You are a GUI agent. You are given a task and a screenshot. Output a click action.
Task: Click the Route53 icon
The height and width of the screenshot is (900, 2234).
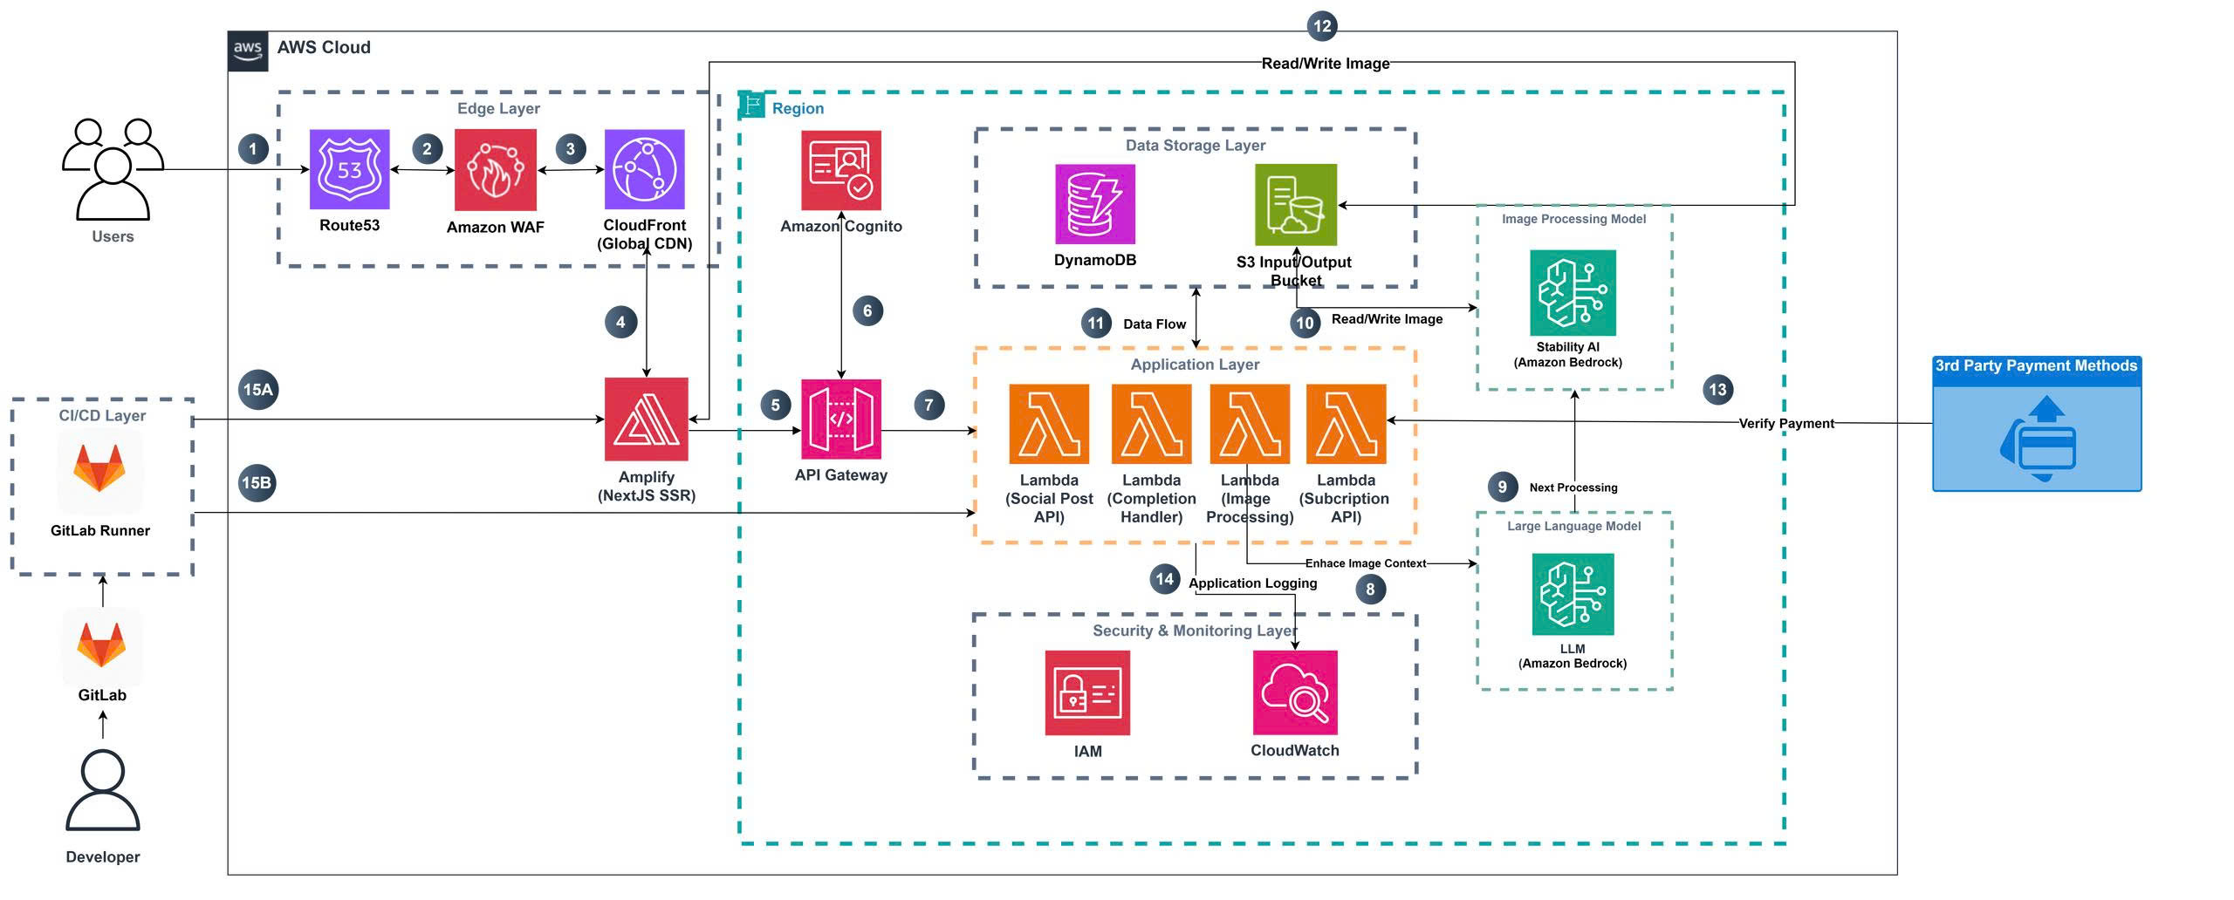click(x=349, y=169)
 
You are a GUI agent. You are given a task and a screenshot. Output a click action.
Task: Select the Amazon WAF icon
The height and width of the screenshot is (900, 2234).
click(x=495, y=170)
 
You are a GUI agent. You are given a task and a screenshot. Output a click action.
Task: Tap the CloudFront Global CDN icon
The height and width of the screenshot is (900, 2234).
click(x=644, y=169)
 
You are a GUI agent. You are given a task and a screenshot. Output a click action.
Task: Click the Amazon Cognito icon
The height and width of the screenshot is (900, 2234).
click(x=841, y=170)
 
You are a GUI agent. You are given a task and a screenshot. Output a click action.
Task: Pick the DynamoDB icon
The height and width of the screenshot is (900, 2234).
click(x=1095, y=204)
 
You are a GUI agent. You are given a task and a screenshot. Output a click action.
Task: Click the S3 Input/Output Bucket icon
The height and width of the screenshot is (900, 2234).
click(x=1296, y=205)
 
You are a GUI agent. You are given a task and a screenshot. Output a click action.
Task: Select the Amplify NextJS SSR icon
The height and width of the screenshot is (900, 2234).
click(x=647, y=419)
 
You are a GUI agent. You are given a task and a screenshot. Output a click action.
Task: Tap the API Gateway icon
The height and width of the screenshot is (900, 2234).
click(x=841, y=419)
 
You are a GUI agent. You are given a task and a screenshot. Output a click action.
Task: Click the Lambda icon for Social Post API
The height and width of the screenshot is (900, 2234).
click(x=1049, y=424)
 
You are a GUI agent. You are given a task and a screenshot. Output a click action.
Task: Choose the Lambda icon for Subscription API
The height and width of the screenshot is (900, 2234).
click(x=1346, y=424)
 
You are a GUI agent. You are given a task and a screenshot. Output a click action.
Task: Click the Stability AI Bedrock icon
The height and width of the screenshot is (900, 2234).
click(x=1573, y=293)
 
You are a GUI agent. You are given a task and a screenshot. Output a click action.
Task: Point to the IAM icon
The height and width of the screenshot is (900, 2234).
click(x=1087, y=693)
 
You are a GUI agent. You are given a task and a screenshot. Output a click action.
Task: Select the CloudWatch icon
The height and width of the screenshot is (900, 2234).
click(x=1295, y=693)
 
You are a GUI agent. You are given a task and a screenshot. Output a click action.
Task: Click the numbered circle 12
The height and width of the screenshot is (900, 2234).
click(x=1322, y=25)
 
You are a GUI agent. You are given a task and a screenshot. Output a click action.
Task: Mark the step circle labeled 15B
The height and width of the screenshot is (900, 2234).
click(x=257, y=483)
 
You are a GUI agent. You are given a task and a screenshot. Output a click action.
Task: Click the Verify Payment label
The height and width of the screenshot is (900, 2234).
click(x=1785, y=424)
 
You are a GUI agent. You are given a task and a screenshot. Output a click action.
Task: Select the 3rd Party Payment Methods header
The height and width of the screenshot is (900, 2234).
click(x=2036, y=366)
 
